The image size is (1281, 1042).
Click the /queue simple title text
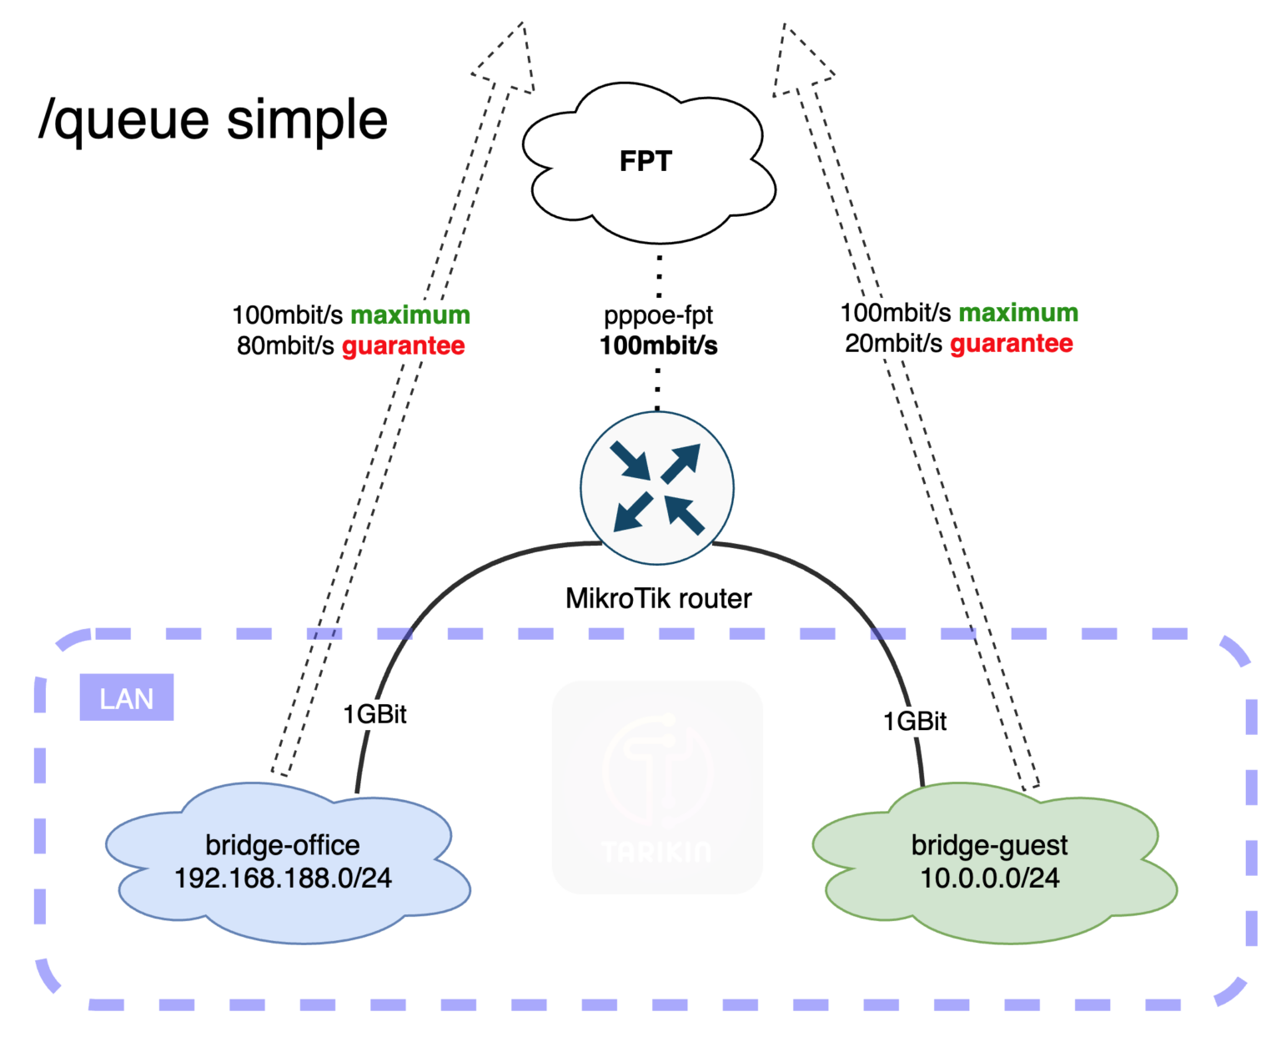click(x=213, y=119)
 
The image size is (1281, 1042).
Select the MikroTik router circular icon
click(x=657, y=488)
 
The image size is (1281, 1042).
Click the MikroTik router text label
click(x=658, y=598)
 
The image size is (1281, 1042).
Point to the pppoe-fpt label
click(x=658, y=315)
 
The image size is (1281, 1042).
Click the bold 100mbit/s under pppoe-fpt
click(x=658, y=345)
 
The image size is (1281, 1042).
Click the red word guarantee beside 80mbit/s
click(x=404, y=345)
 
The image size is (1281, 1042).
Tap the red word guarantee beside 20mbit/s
click(x=1012, y=343)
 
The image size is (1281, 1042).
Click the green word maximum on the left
click(x=410, y=315)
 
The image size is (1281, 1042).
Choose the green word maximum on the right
click(x=1018, y=312)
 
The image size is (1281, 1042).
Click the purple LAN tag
click(x=127, y=697)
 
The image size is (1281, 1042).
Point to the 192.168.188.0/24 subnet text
click(x=283, y=878)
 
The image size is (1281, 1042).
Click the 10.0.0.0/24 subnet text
click(x=990, y=878)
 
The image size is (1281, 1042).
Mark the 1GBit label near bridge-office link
click(x=374, y=714)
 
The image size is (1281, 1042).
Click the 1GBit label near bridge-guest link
click(x=915, y=721)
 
